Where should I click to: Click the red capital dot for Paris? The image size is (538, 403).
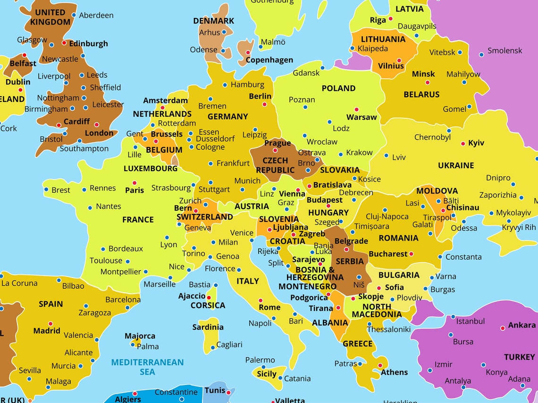134,183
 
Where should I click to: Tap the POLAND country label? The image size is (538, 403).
338,88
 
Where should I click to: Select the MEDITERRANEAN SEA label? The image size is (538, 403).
148,367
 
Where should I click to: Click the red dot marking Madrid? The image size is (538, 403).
50,324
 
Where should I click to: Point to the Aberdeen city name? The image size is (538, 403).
96,15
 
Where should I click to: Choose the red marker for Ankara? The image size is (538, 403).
502,328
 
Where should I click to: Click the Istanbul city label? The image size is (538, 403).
470,321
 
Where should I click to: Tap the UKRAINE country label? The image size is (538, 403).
455,165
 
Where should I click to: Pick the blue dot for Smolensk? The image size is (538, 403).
481,55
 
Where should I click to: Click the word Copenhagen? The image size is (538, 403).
269,60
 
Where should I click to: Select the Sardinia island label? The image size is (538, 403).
208,327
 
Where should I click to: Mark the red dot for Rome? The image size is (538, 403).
260,300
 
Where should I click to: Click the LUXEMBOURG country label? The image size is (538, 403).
151,168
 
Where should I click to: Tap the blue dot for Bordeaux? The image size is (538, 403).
103,249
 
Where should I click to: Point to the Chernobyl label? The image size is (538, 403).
432,137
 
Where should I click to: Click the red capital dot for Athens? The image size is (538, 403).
380,365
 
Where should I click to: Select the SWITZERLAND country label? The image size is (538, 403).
204,217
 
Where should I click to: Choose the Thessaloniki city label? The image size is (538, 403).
389,329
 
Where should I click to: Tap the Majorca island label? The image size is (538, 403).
140,336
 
